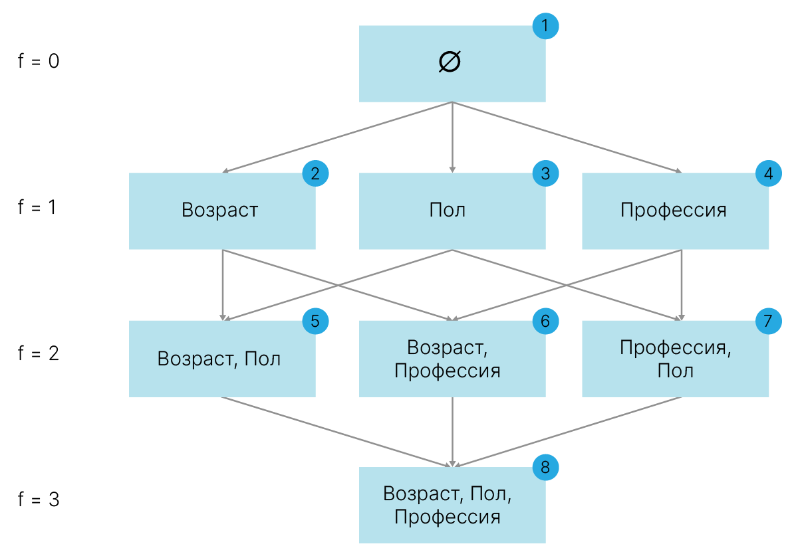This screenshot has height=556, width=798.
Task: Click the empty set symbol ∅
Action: (450, 62)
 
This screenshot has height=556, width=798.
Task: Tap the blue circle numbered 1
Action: (545, 26)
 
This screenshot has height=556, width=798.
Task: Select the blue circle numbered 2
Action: (315, 173)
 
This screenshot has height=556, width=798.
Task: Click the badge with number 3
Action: (545, 173)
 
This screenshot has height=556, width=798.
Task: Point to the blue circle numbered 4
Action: (769, 173)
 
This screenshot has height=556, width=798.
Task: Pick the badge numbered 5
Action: (315, 321)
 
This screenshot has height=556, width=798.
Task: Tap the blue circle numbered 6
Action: (545, 321)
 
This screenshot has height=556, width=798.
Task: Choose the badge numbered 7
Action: (769, 321)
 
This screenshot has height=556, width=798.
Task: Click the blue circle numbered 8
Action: (545, 468)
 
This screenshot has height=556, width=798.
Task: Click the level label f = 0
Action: (39, 60)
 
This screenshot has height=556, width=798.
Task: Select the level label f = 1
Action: (37, 207)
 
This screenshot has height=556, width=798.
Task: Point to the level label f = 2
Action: (39, 353)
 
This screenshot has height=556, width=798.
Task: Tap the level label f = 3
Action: (39, 499)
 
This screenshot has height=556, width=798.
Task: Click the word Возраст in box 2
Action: (220, 210)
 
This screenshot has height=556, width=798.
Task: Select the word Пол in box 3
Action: (448, 210)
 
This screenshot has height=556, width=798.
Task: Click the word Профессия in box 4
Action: (673, 210)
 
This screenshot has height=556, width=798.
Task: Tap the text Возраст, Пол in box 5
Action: (219, 359)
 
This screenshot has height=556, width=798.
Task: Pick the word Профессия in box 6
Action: (448, 371)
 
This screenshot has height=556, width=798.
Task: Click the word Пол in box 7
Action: (676, 371)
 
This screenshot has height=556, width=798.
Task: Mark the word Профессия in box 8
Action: (448, 517)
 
